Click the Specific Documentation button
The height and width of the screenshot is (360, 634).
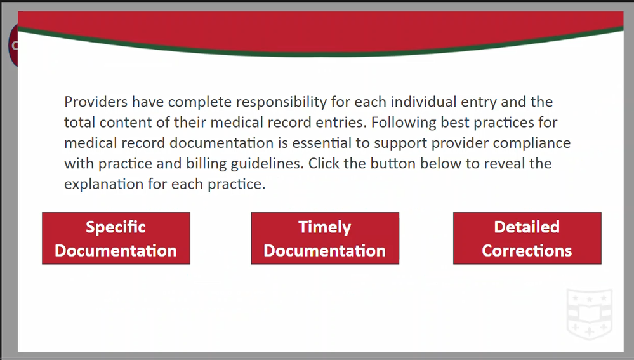click(x=116, y=238)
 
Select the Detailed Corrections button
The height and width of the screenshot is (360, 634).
click(x=527, y=238)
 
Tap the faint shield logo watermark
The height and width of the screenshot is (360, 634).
click(x=590, y=314)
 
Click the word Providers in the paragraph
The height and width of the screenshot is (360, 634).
click(x=96, y=102)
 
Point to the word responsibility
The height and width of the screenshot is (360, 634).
click(x=281, y=102)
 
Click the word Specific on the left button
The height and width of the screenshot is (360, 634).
click(x=116, y=227)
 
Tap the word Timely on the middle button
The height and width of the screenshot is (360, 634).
click(x=325, y=227)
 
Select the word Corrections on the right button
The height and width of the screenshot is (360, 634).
click(x=527, y=251)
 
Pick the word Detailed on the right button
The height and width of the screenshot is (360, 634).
click(x=527, y=227)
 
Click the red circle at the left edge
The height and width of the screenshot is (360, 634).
click(x=13, y=45)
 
